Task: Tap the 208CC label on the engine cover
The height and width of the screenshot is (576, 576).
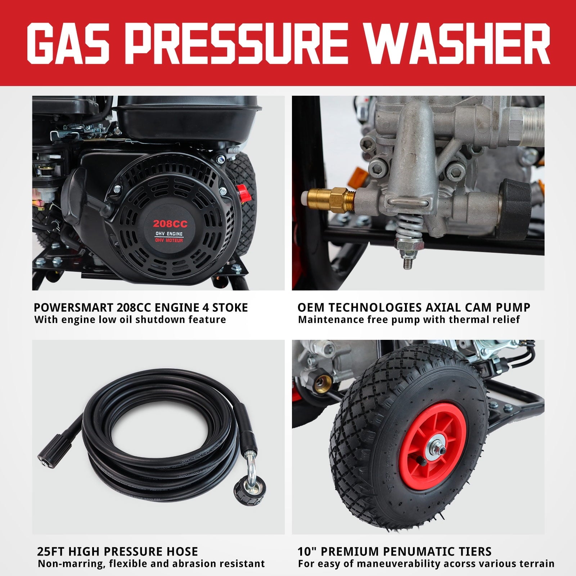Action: click(170, 224)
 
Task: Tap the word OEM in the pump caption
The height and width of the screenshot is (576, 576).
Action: click(310, 307)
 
